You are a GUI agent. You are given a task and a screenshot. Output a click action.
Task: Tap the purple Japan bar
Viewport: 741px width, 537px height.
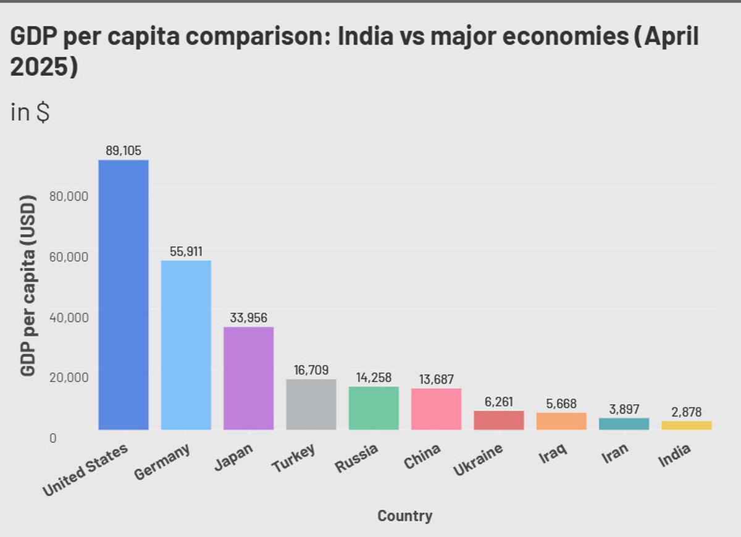248,378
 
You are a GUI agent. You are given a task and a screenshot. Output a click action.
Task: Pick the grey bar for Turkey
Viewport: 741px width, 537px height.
311,404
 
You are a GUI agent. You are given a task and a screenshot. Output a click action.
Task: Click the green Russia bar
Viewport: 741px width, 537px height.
374,408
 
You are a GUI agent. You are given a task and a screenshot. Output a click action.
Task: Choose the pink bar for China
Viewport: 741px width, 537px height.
436,408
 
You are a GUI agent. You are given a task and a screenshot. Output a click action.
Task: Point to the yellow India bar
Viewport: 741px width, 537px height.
686,425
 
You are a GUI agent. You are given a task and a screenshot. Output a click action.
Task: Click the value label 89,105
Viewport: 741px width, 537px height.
124,150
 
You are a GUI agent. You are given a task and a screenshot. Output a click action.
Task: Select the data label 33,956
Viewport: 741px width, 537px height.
248,318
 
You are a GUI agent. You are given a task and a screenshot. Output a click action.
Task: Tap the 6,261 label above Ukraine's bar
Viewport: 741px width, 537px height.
498,402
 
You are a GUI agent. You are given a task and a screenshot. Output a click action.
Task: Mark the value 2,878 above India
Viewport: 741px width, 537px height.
686,412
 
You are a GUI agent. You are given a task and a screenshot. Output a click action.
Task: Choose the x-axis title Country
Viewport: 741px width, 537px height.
404,515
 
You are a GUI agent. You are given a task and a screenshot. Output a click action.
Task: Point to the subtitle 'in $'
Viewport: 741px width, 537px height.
30,112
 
